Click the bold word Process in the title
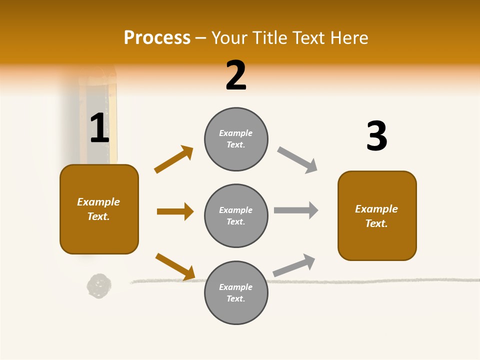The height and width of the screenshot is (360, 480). [157, 37]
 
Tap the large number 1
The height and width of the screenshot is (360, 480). [99, 128]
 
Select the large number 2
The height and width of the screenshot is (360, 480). [236, 75]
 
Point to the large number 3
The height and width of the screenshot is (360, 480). [376, 136]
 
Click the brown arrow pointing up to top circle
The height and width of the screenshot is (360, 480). [174, 159]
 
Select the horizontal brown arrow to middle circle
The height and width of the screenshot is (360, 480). [175, 211]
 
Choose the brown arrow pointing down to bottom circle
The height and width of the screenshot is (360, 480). [175, 266]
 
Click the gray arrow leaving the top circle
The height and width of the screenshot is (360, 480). [297, 160]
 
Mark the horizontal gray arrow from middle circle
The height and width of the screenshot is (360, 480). [296, 210]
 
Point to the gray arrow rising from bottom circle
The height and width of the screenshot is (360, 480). [294, 265]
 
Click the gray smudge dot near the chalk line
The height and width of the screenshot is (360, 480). [99, 285]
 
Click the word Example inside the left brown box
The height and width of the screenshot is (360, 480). [98, 202]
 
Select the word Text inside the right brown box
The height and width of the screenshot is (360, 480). [376, 223]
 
